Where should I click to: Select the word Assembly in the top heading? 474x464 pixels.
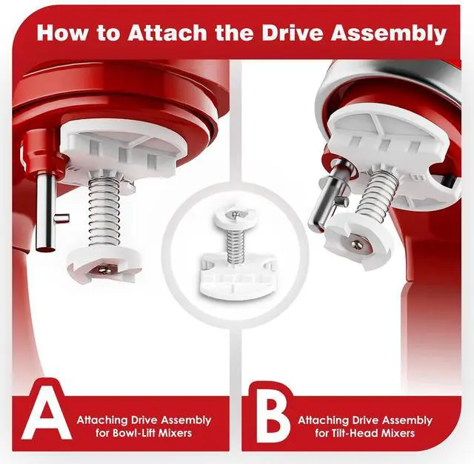pos(389,33)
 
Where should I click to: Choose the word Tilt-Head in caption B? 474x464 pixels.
pos(352,433)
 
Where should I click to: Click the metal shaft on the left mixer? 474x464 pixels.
pos(46,213)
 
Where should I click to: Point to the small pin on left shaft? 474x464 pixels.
pos(62,218)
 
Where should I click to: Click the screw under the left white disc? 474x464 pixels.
pos(104,270)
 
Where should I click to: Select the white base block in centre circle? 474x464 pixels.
pos(237,277)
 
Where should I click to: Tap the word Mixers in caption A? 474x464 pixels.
pos(176,433)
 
